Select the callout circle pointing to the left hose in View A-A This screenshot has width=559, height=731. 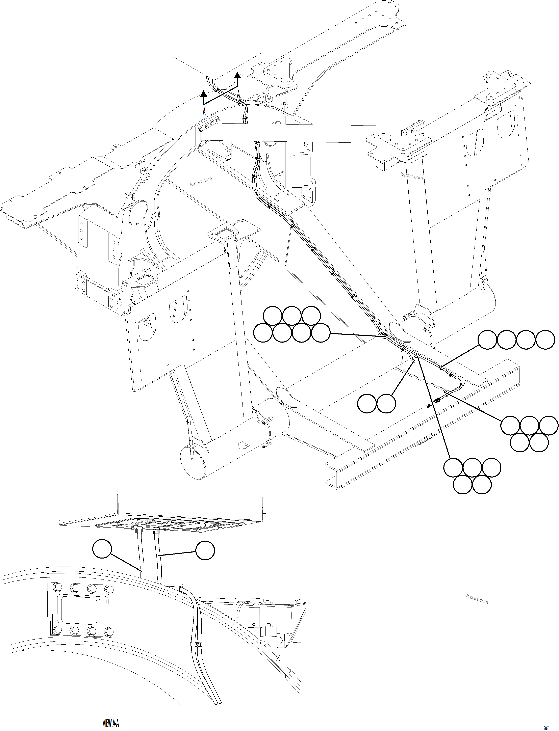(x=102, y=549)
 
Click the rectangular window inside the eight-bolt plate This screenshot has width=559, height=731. (x=80, y=611)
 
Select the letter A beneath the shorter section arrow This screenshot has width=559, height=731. (x=204, y=112)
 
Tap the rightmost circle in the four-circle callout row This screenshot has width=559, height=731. (x=545, y=340)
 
